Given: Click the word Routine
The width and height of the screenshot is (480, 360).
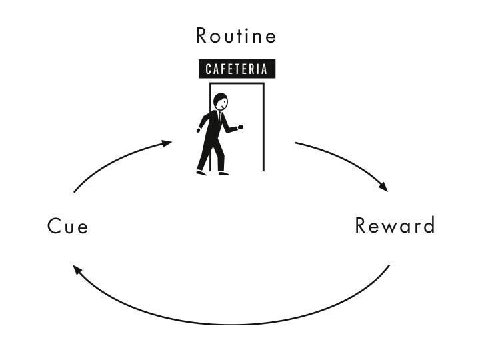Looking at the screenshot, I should (x=237, y=36).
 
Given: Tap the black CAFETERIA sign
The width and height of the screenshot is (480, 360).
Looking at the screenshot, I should (x=237, y=69).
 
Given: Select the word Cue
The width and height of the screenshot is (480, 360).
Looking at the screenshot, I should (x=68, y=227).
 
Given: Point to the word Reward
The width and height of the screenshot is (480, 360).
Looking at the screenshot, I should (x=395, y=225).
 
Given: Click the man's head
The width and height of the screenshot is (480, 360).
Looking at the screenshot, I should (x=219, y=102).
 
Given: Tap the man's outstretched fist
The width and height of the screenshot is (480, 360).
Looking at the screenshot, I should (x=240, y=127).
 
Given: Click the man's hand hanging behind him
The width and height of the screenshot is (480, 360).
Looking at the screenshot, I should (x=199, y=130).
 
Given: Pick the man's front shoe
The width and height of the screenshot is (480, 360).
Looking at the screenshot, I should (x=223, y=173).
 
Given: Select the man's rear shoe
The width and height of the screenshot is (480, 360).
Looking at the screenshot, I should (x=201, y=173).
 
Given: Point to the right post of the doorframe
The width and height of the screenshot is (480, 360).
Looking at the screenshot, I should (x=263, y=127).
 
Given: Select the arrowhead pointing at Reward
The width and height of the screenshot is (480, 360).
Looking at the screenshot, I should (x=383, y=187).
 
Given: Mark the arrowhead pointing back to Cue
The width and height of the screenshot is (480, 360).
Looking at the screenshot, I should (x=77, y=271).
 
